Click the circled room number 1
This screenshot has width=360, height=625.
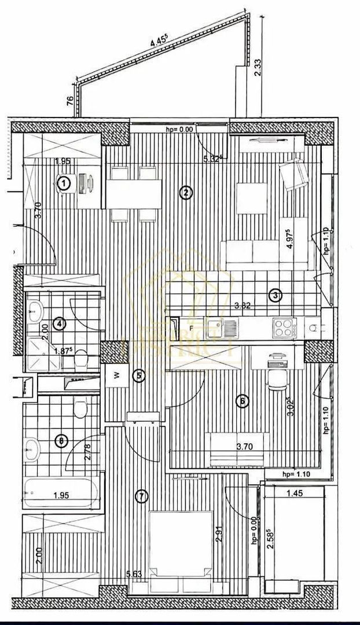tap(64, 183)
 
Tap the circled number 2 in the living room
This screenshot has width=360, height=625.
tap(185, 193)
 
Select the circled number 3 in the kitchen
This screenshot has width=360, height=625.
tap(276, 296)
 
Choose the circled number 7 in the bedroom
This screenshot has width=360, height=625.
tap(141, 496)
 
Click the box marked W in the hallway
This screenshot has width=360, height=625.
tap(116, 374)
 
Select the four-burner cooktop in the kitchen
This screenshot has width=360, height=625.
tap(283, 328)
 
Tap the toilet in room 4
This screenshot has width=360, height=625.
tap(81, 359)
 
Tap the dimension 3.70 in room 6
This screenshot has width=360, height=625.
tap(247, 447)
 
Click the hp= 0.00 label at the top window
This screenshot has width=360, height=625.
tap(179, 130)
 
